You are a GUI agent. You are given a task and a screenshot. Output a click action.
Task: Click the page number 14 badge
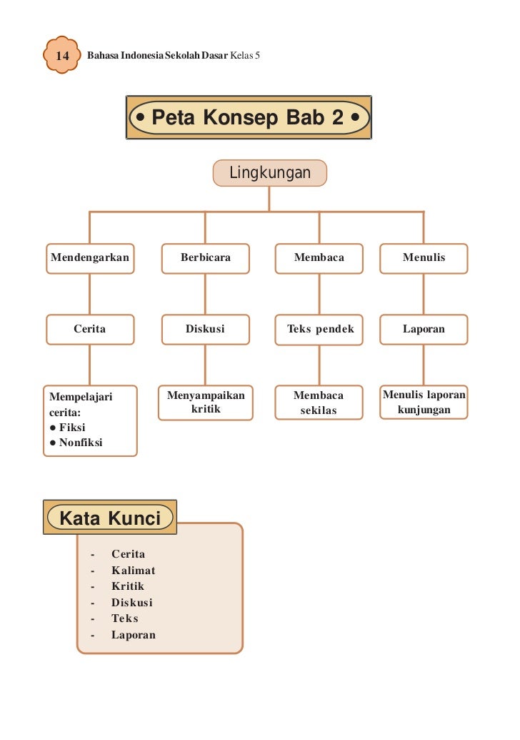(61, 55)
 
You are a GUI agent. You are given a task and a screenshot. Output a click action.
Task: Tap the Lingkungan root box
(269, 173)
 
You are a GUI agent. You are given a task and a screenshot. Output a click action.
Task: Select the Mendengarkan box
(90, 257)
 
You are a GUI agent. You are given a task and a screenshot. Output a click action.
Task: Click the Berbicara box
(206, 257)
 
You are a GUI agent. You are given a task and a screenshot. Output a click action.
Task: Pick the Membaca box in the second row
(319, 257)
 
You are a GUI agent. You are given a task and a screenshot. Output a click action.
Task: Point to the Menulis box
(424, 257)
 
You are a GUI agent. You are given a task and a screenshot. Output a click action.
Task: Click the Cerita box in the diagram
(90, 329)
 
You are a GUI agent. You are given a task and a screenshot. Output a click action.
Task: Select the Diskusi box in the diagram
(206, 329)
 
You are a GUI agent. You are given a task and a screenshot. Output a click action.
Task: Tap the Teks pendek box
(320, 329)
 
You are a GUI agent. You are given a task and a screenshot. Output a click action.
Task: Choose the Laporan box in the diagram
(424, 329)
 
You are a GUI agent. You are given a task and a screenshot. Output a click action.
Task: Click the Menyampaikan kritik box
(206, 403)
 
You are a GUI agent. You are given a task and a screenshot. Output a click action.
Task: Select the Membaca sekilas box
(319, 403)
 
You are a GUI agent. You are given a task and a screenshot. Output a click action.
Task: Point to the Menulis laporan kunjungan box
(424, 403)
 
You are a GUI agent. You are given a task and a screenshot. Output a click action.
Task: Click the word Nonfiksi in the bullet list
(81, 443)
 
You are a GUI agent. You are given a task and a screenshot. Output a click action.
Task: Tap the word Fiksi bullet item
(73, 427)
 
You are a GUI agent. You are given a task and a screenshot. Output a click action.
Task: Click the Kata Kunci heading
(110, 518)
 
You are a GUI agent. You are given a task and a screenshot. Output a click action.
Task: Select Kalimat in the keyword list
(133, 571)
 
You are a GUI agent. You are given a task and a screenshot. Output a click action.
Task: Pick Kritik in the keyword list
(128, 586)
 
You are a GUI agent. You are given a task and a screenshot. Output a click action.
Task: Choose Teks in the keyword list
(125, 618)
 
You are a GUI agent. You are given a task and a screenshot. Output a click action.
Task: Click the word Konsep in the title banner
(241, 117)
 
